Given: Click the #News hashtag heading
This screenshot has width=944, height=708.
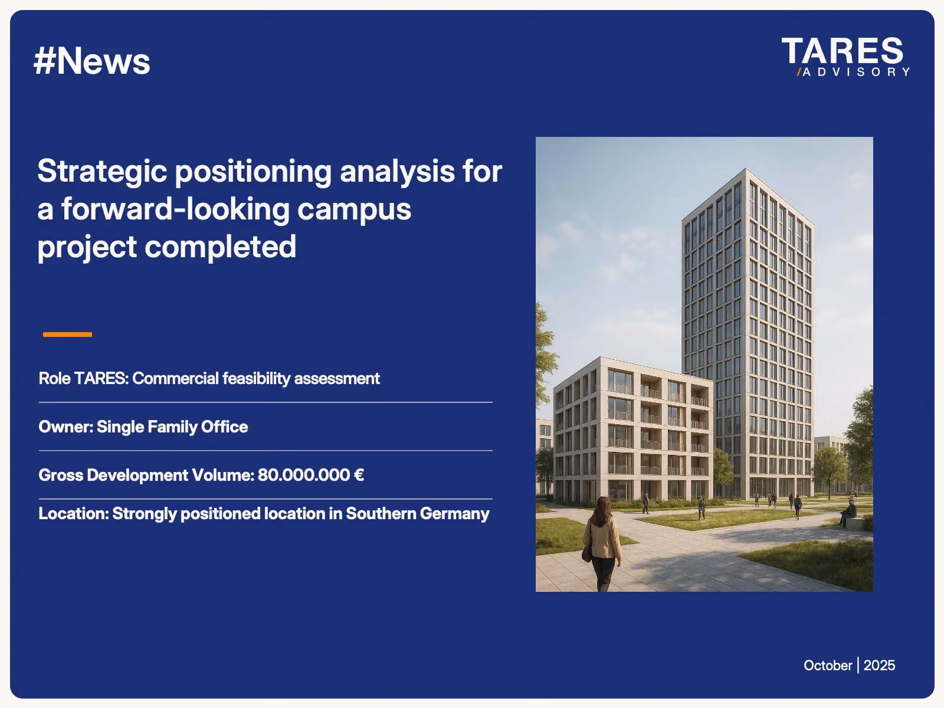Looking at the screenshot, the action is (x=91, y=61).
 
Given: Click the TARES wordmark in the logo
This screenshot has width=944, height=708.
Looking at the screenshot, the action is (x=842, y=51).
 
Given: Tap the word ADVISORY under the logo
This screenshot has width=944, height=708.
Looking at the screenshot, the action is (x=856, y=72).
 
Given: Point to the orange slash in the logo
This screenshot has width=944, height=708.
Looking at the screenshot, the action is (x=799, y=72).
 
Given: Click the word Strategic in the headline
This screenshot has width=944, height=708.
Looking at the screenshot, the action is (x=102, y=172).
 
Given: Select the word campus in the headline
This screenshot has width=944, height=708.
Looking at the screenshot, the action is (x=354, y=210).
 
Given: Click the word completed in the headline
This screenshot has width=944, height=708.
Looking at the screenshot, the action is (x=220, y=247).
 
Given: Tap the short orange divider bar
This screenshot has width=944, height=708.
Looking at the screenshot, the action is (x=67, y=335).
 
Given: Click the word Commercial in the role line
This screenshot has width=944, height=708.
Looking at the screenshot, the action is (x=175, y=378).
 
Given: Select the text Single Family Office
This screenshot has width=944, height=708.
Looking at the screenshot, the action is (x=172, y=427).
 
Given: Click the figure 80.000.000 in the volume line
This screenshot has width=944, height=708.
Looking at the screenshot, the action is (x=304, y=475).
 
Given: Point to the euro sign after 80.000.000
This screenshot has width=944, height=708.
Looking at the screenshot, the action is (x=359, y=475).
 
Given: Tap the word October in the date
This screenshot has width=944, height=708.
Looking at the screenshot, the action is (x=828, y=666).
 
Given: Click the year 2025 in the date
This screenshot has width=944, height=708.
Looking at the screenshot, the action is (x=879, y=666).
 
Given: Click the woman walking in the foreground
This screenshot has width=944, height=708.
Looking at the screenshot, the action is (x=602, y=544).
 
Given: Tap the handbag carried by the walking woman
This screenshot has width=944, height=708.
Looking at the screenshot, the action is (x=587, y=552).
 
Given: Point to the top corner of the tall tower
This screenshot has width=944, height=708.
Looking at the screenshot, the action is (x=746, y=168).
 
